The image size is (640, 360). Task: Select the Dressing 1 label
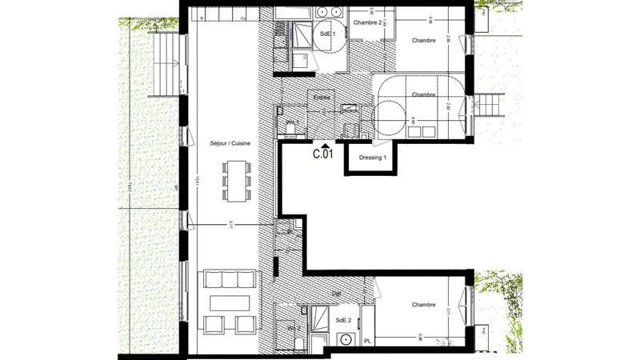click(x=373, y=158)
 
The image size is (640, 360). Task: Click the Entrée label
click(x=322, y=98)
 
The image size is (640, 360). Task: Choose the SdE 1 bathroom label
click(x=326, y=35)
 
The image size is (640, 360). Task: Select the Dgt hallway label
click(x=336, y=294)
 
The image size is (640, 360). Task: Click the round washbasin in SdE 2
click(x=346, y=339)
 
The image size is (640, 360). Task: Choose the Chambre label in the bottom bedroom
click(x=423, y=305)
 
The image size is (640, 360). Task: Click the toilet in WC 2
click(x=298, y=341)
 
